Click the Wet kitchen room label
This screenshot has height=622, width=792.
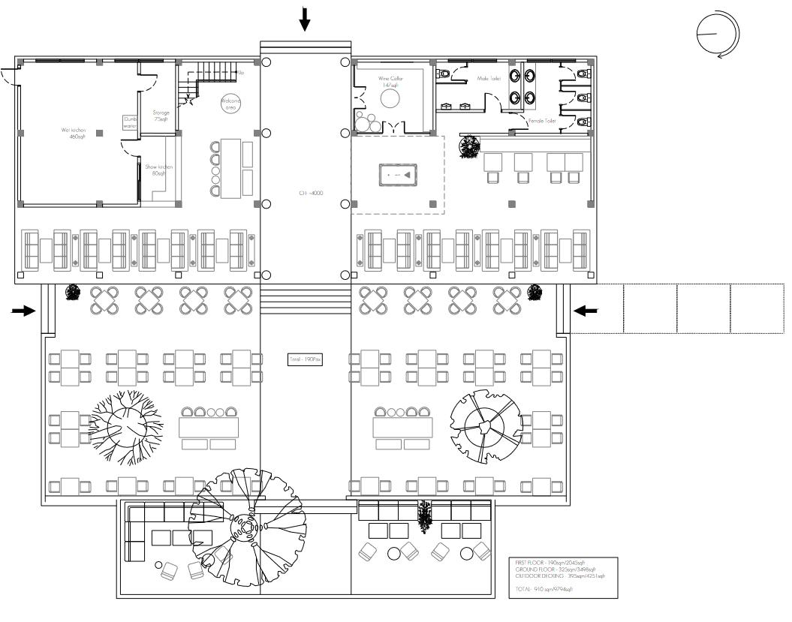[x=74, y=133]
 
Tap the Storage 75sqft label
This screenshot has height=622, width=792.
[x=161, y=116]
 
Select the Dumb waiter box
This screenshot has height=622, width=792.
[x=131, y=122]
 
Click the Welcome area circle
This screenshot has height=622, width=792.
[x=230, y=104]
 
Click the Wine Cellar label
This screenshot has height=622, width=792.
[x=390, y=82]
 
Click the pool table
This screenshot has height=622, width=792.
[x=395, y=175]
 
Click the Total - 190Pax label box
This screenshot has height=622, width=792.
[x=306, y=360]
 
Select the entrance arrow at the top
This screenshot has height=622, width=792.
[x=304, y=19]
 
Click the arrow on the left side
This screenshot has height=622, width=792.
[x=24, y=311]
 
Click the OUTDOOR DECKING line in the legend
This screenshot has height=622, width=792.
[x=560, y=576]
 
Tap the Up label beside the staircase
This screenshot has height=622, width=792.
[x=240, y=73]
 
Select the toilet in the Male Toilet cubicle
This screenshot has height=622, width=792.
[x=444, y=74]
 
